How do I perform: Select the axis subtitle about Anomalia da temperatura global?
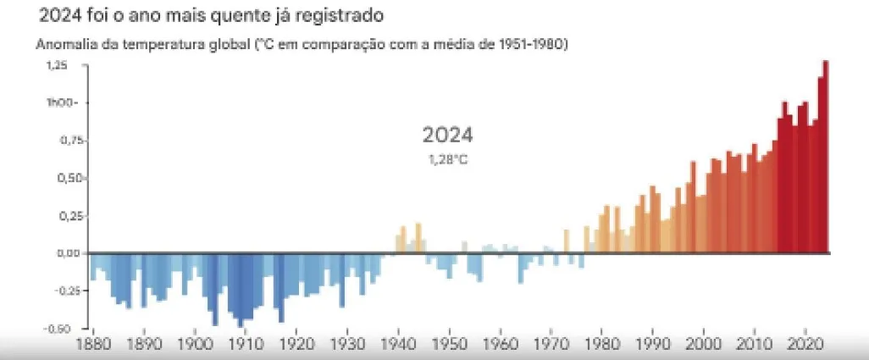[x=301, y=44]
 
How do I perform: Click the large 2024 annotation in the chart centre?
[x=447, y=136]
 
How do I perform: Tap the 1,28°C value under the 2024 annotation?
[x=447, y=159]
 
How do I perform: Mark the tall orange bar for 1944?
[x=418, y=238]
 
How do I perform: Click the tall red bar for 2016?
[x=784, y=178]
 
